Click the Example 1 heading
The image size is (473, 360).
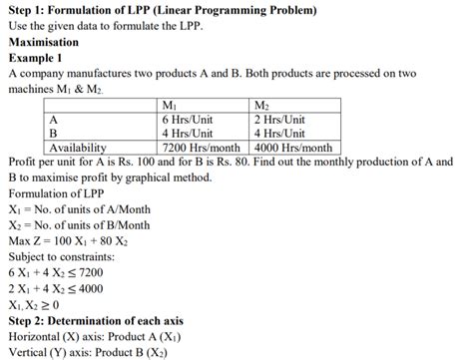pos(36,59)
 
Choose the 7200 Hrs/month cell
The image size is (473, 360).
pos(201,147)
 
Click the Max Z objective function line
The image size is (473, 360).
pos(69,239)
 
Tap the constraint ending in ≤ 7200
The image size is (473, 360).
pos(55,271)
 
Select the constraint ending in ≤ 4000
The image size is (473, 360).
pos(55,288)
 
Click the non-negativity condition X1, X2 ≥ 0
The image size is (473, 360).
pos(33,304)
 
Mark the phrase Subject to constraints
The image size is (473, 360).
pos(65,255)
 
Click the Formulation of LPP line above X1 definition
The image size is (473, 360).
pos(59,191)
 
